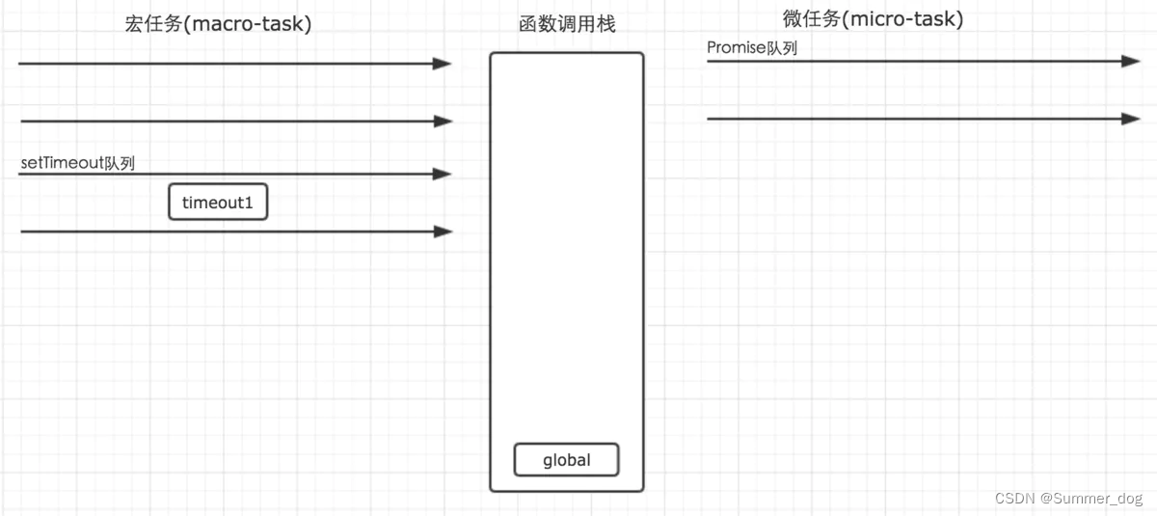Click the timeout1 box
218,203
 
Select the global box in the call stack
566,460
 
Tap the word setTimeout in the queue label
61,163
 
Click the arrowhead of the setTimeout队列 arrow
443,175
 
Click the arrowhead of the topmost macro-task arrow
443,64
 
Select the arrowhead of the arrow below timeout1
443,231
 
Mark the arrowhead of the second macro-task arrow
443,122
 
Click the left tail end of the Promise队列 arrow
709,61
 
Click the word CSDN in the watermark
1014,498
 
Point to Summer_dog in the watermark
1098,498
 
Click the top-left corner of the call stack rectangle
491,54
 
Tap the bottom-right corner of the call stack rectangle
642,490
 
